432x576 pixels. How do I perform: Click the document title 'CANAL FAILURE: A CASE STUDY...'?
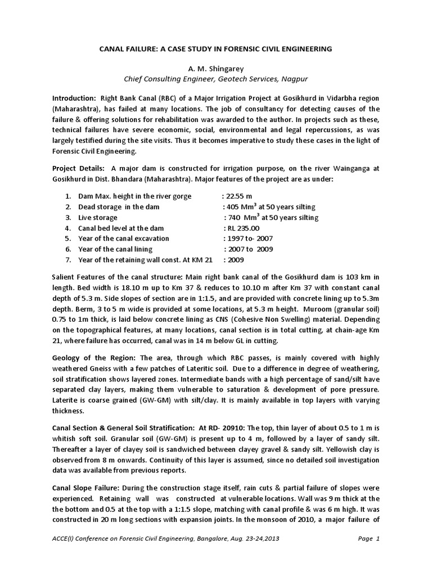[215, 49]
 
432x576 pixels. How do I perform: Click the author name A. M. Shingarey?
[215, 68]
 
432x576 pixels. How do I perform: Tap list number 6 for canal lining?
[67, 249]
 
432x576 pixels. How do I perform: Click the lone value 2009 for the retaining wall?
[236, 260]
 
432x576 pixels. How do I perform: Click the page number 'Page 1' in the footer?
[369, 555]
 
